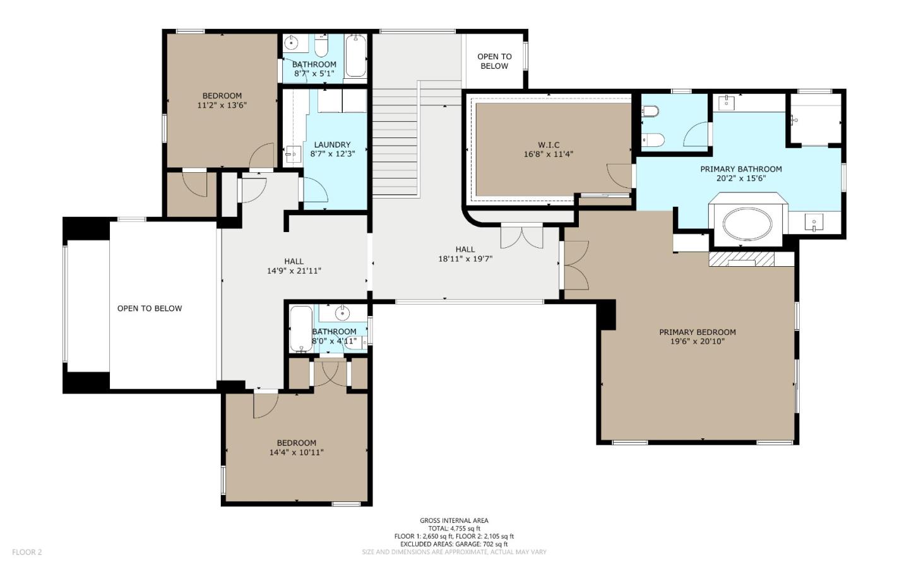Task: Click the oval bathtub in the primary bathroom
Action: click(x=747, y=223)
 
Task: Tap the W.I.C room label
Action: click(x=548, y=145)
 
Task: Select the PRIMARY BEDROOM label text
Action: click(x=697, y=332)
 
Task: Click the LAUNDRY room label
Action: click(x=332, y=144)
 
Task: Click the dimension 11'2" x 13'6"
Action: click(x=222, y=105)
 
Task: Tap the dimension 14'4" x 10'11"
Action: click(x=296, y=452)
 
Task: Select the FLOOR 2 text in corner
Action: click(x=27, y=552)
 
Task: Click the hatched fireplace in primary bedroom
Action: click(x=742, y=259)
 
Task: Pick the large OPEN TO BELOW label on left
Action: click(x=150, y=308)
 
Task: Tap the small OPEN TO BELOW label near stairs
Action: click(x=494, y=61)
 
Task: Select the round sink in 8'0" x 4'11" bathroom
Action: click(x=342, y=312)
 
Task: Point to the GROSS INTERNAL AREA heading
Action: click(x=454, y=521)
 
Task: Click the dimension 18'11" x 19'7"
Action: click(x=465, y=259)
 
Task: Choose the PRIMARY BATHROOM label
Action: click(x=740, y=169)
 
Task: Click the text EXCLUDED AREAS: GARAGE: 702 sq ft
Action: click(x=454, y=544)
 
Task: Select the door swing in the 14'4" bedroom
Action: click(x=265, y=405)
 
